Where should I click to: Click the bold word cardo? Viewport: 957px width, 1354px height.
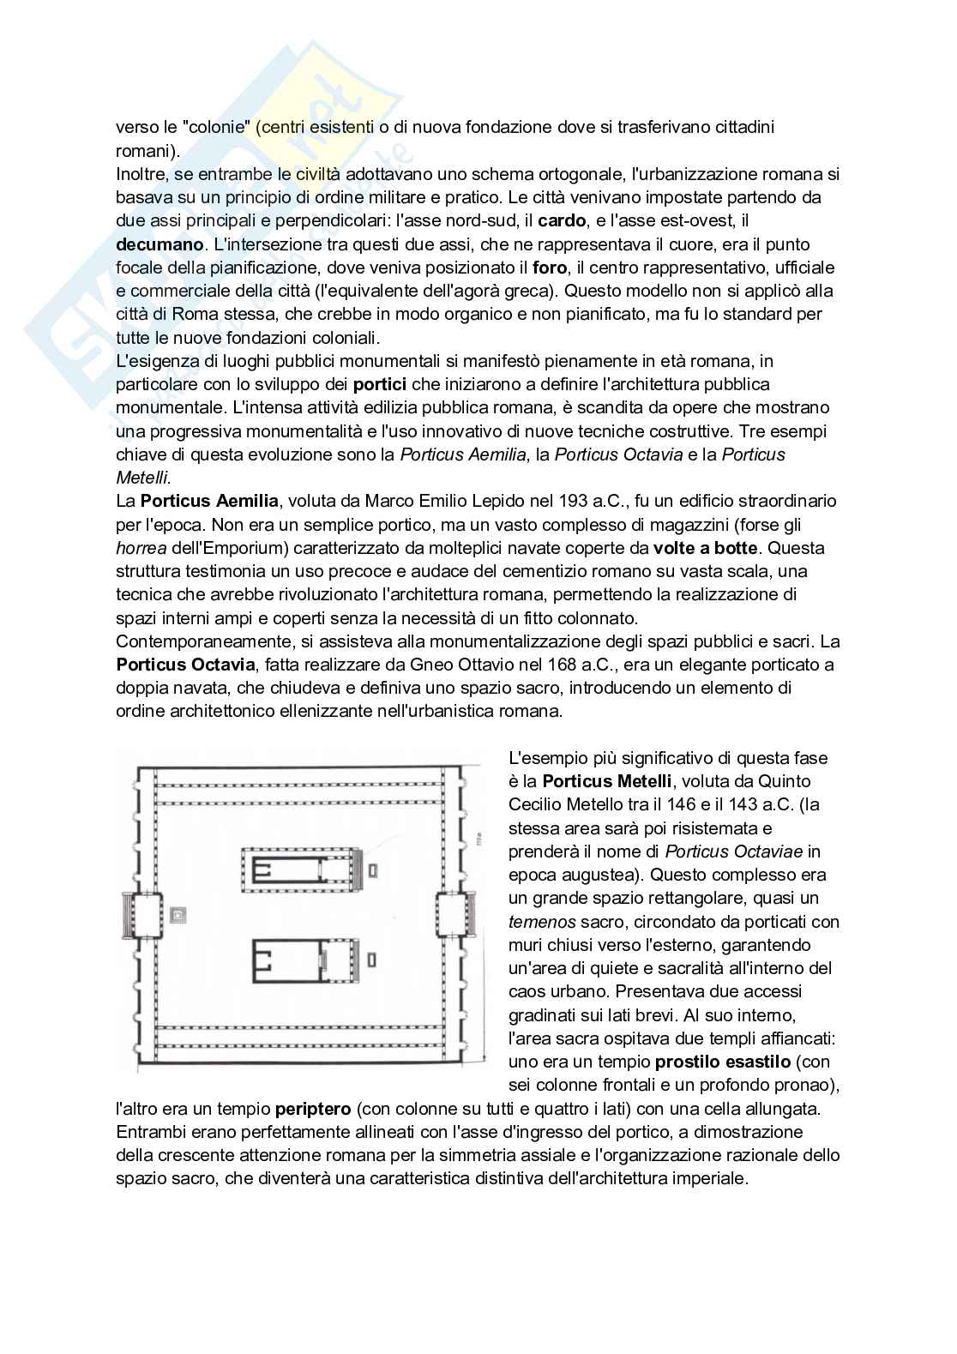(x=562, y=220)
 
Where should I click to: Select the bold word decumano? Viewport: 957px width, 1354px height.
(x=159, y=244)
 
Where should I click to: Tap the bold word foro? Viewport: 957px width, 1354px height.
(x=549, y=268)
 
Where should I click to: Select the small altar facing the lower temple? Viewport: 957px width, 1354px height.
(x=371, y=958)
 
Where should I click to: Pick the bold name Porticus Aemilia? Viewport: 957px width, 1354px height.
(x=209, y=501)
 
